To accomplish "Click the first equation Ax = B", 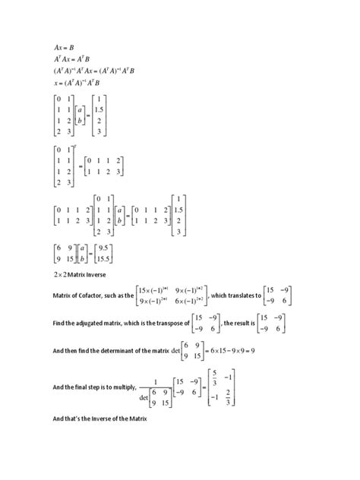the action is pos(64,48).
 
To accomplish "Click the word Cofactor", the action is pos(102,295).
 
